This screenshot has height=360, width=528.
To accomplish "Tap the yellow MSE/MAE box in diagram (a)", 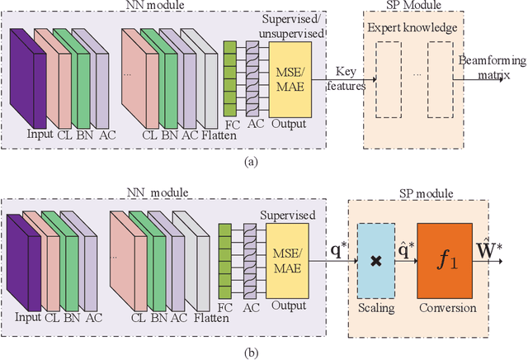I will tap(290, 78).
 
